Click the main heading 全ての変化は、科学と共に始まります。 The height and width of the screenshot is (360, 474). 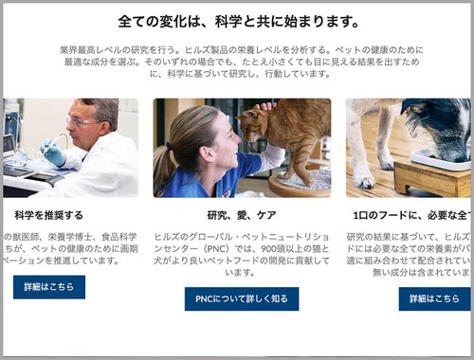238,21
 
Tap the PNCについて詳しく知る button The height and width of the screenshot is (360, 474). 241,299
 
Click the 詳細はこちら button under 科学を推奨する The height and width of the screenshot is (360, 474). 49,287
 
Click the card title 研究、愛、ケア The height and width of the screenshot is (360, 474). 241,215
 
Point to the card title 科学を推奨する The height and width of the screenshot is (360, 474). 49,215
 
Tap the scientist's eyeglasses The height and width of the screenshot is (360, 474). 83,120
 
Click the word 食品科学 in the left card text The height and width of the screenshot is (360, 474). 120,236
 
